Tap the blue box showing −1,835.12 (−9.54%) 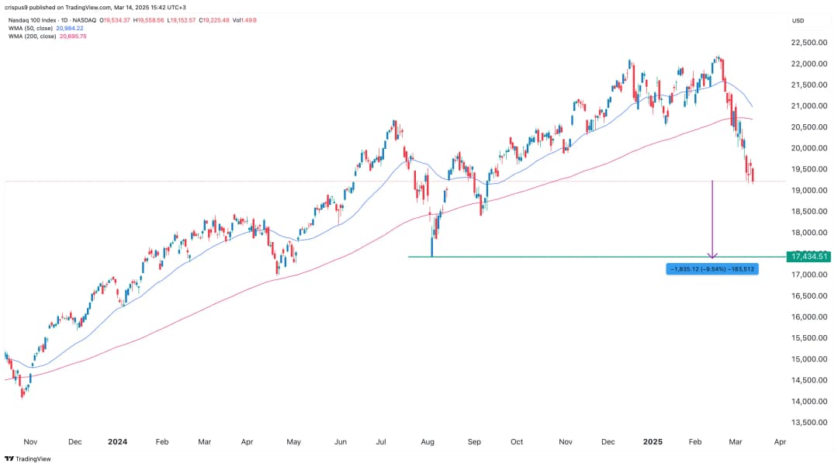coord(712,269)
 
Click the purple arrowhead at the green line coord(713,254)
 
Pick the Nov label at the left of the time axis coord(30,441)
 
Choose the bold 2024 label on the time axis coord(117,441)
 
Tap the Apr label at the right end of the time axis coord(780,441)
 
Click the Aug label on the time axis coord(427,441)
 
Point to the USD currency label coord(798,21)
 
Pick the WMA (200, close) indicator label coord(39,36)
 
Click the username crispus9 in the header coord(23,7)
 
